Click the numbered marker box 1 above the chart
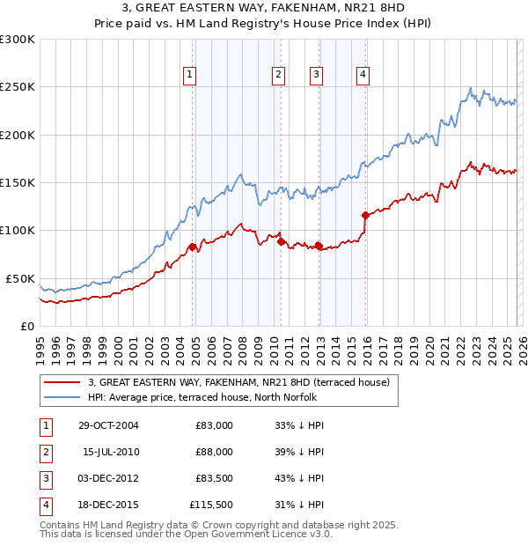point(190,76)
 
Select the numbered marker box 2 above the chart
point(278,76)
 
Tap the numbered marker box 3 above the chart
point(315,76)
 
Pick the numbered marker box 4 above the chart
point(363,76)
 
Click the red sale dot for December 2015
point(365,215)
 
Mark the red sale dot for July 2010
point(281,241)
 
